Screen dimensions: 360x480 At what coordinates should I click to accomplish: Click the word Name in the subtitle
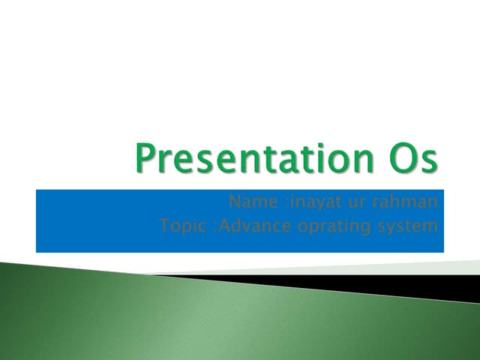[x=247, y=202]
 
